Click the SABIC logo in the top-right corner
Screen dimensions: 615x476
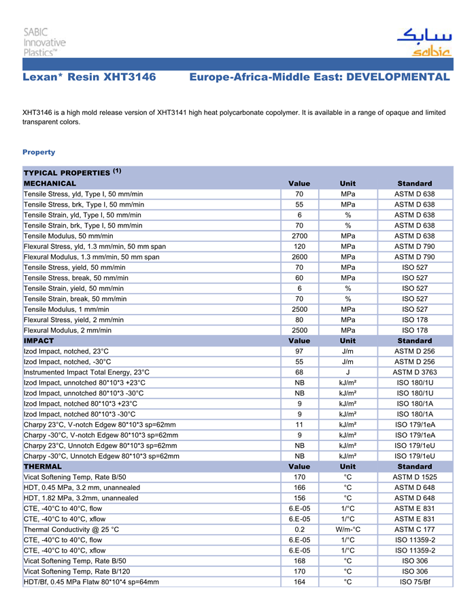(423, 42)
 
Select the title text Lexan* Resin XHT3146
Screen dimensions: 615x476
(89, 77)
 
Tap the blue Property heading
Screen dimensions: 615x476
(39, 152)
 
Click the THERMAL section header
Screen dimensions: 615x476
(43, 467)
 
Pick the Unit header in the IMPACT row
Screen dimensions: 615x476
(347, 340)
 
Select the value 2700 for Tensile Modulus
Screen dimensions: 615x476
(299, 236)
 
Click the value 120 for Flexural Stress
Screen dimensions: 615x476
(299, 247)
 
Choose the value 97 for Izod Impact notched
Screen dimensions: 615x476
(299, 351)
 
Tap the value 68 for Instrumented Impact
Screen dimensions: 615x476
(299, 372)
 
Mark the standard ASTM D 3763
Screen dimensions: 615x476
(415, 372)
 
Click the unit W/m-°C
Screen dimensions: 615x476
(347, 529)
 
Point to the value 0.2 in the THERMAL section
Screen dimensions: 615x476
(299, 529)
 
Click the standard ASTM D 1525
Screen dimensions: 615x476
(415, 477)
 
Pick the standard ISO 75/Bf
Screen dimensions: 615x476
(415, 582)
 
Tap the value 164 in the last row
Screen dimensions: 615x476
(299, 582)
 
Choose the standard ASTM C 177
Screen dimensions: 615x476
(415, 529)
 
